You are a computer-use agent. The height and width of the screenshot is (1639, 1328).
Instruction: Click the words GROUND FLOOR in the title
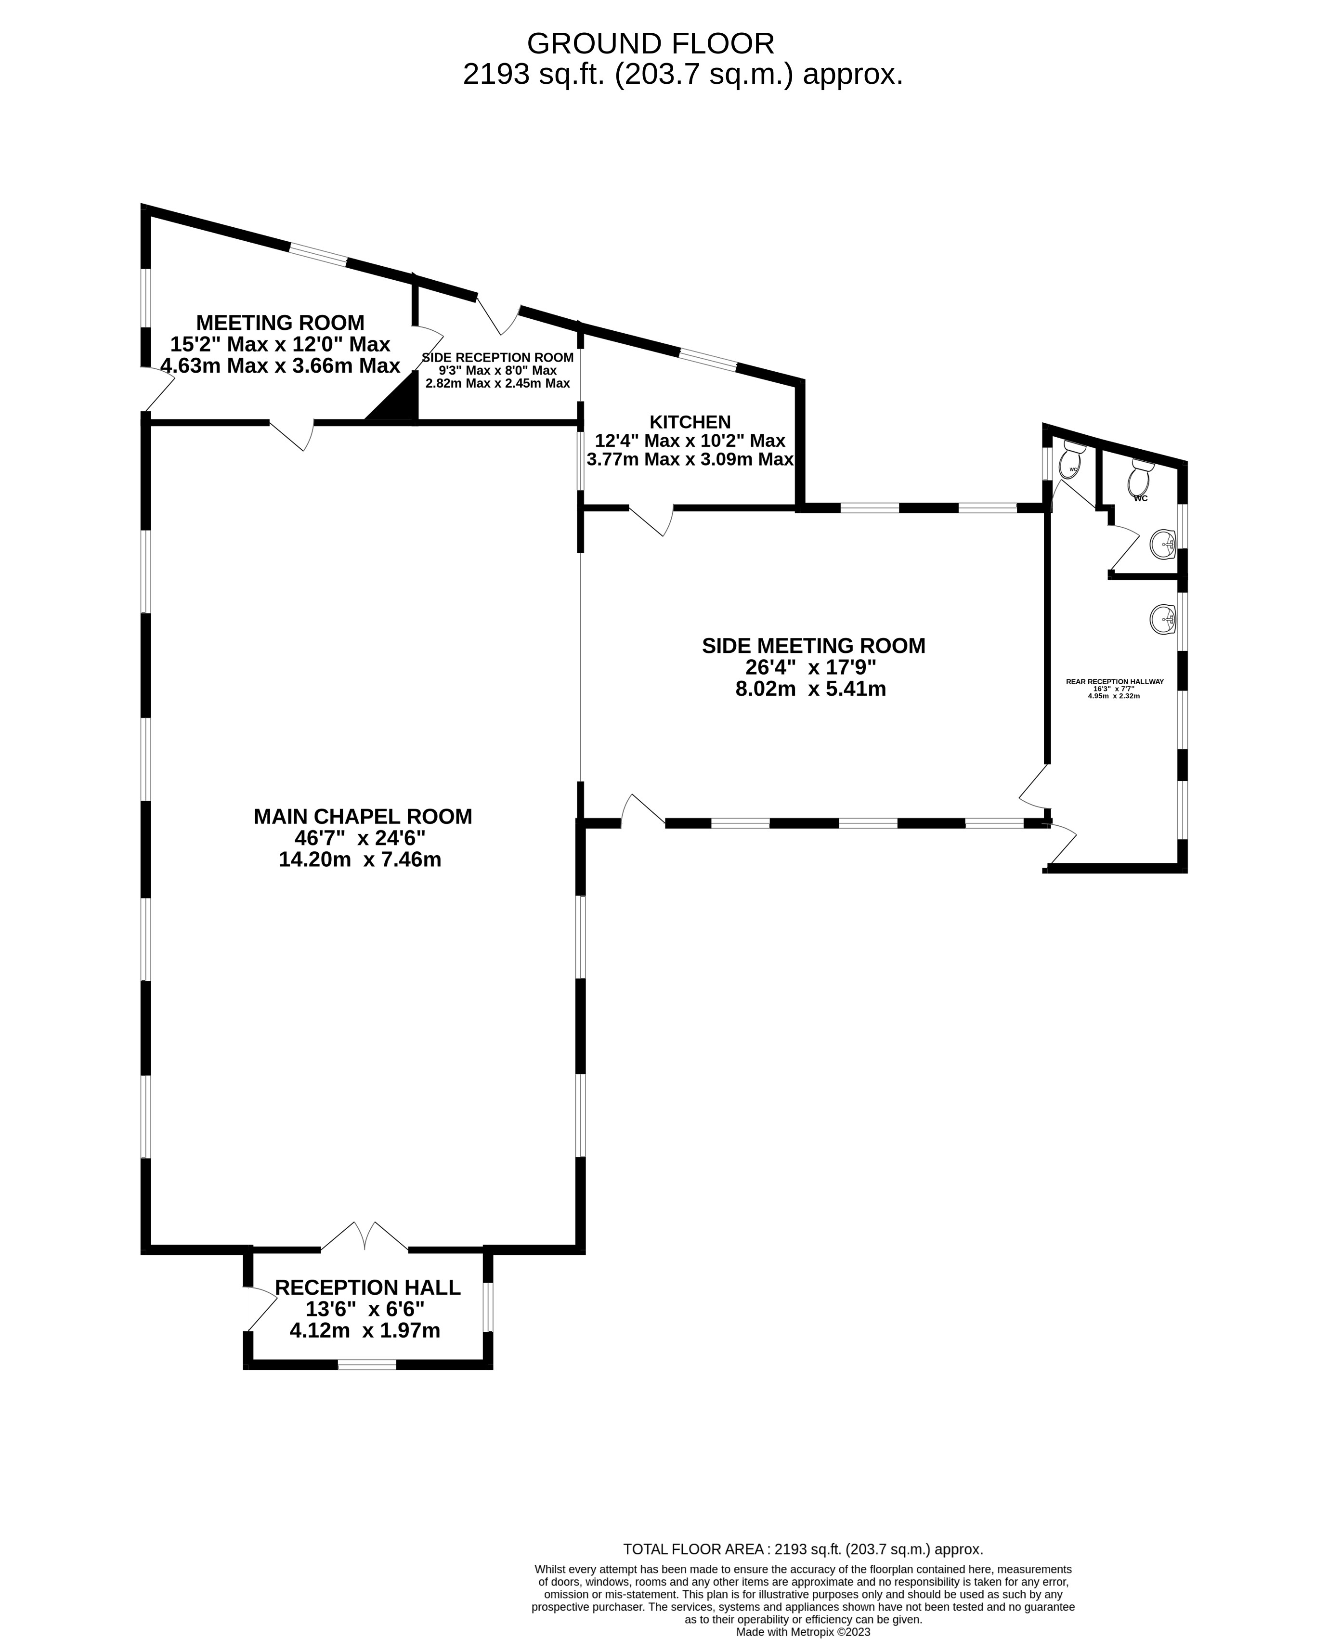coord(650,44)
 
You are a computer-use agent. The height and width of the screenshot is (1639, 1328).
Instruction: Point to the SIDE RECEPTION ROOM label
coord(497,358)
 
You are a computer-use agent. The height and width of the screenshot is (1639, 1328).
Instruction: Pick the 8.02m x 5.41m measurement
coord(811,689)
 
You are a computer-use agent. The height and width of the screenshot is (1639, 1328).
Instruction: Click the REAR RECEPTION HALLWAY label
coord(1115,681)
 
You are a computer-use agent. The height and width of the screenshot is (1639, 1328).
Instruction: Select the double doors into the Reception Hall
coord(365,1236)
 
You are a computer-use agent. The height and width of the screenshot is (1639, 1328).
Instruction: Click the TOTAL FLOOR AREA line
coord(803,1549)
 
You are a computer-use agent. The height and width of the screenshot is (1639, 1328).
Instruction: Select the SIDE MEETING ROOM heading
coord(813,646)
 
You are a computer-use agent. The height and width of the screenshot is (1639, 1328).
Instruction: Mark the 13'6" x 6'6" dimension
coord(365,1309)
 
